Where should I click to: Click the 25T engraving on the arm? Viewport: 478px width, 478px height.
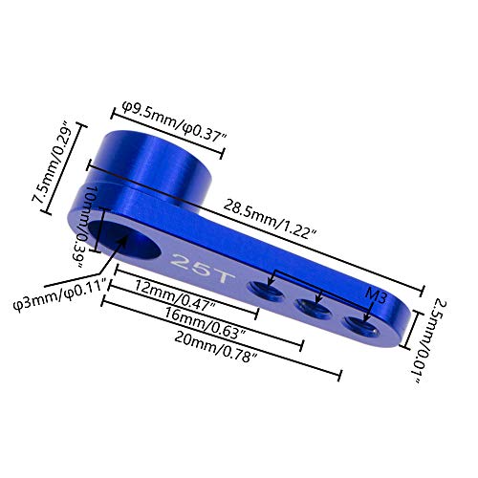187,259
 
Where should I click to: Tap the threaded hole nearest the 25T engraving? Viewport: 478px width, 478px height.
261,288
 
